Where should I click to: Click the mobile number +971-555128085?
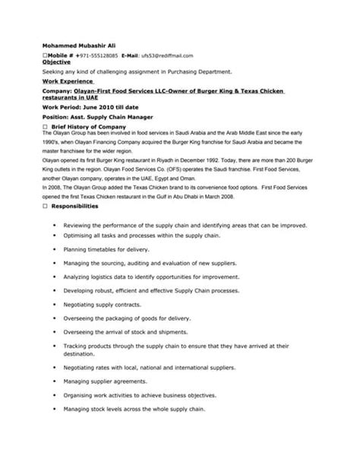coord(97,56)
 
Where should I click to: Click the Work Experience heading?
coord(68,80)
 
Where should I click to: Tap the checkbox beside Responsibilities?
coord(45,206)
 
